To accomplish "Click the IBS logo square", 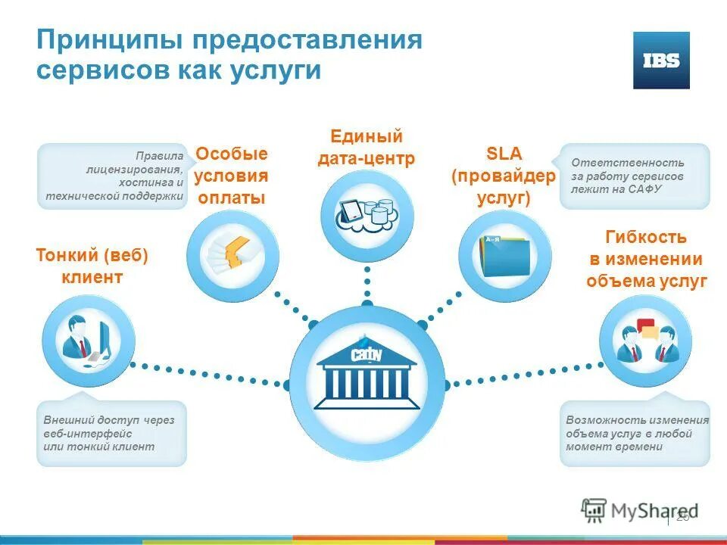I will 661,61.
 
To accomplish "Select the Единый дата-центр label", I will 367,148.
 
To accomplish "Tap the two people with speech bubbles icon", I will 645,341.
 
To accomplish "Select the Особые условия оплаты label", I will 232,176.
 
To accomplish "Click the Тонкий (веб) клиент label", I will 92,266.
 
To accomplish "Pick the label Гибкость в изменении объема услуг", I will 646,259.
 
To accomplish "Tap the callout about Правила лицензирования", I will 114,176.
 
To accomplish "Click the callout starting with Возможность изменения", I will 636,433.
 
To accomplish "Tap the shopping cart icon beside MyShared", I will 594,510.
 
